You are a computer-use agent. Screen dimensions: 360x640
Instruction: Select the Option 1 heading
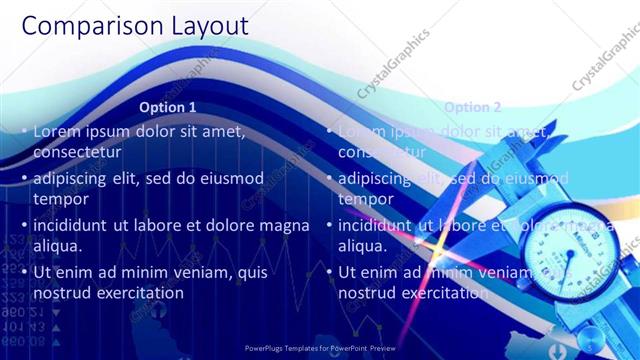167,107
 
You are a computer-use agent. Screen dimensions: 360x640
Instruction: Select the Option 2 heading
472,107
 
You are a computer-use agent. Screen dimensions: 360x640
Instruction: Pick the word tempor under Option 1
61,199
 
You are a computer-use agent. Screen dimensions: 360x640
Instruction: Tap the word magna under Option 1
284,225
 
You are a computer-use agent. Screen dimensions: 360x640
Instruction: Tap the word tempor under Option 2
366,199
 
